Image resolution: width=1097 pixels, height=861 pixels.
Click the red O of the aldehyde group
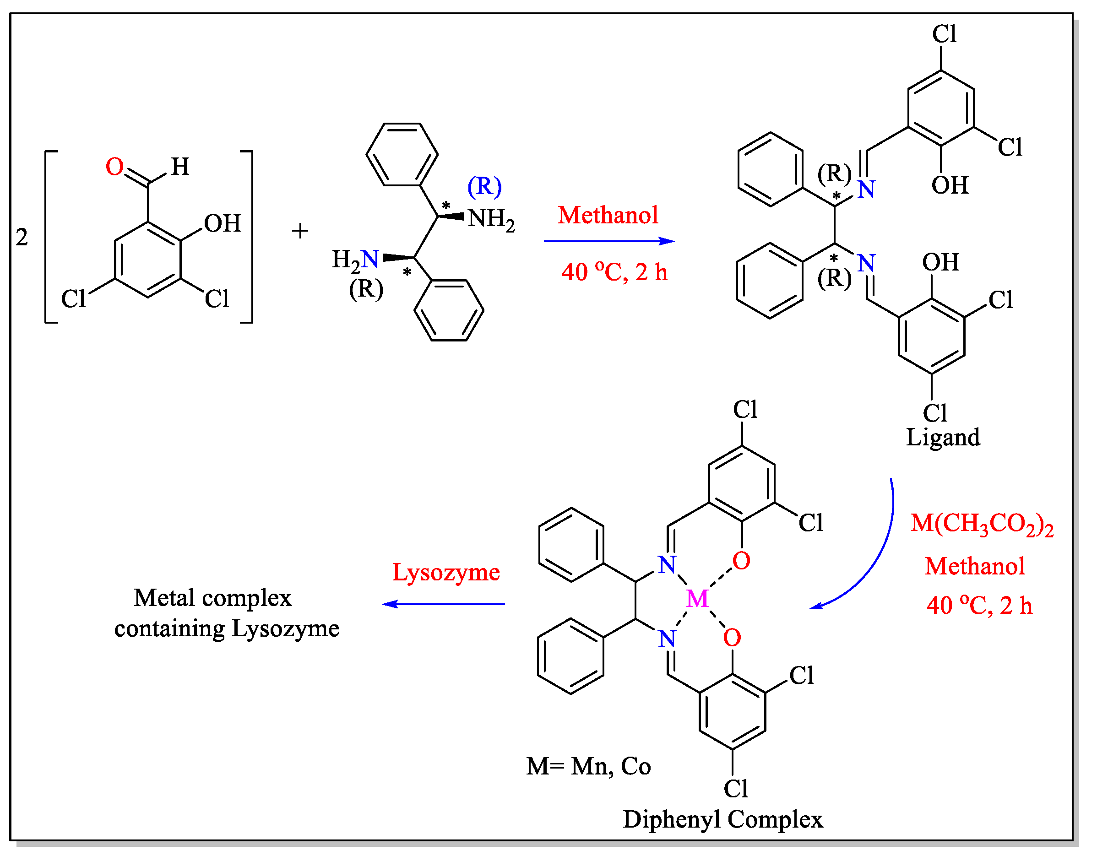coord(114,167)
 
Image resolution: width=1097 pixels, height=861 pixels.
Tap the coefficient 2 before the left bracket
coord(22,238)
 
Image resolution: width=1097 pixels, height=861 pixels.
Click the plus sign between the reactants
coord(300,231)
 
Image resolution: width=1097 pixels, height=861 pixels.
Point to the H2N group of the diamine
coord(355,260)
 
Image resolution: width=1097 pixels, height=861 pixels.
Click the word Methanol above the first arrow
coord(608,215)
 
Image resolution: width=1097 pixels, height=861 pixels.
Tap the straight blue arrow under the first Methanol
coord(608,242)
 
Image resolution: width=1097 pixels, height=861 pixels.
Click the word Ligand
coord(943,438)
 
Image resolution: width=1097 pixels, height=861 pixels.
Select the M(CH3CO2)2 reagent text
coord(982,524)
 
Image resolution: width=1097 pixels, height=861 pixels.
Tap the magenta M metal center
coord(698,599)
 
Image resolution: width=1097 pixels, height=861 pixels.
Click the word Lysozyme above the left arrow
coord(446,573)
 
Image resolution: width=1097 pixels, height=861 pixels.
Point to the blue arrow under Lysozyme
coord(444,604)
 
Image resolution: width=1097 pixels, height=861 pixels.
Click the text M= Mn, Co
coord(588,767)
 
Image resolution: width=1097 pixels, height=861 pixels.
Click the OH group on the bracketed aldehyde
coord(223,224)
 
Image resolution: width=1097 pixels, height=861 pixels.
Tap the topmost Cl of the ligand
coord(944,34)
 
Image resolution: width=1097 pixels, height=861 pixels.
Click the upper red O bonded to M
coord(741,561)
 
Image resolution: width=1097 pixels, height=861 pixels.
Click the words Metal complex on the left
coord(213,598)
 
